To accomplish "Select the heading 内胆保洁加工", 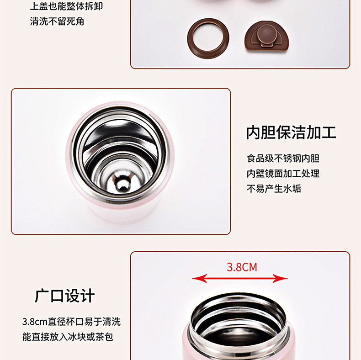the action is (291, 132).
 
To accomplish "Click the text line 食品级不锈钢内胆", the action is (283, 159).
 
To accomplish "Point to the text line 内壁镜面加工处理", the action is (283, 173).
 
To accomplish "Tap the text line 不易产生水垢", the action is (274, 189).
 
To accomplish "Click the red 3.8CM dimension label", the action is (242, 267).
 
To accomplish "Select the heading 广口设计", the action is (65, 296).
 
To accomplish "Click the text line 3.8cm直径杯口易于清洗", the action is (71, 322).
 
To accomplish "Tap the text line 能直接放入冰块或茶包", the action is (68, 337).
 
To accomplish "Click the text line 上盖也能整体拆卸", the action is (66, 6).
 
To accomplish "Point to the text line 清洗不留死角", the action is (57, 21).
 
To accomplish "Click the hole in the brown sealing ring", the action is (208, 38).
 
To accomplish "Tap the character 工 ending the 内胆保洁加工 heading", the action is (329, 132).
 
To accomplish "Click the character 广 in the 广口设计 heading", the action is (42, 296).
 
